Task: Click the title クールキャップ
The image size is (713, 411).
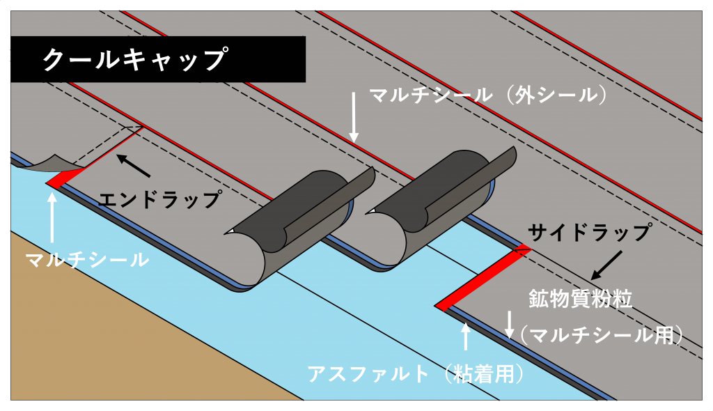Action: tap(134, 59)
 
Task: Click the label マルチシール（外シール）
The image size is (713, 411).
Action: tap(488, 95)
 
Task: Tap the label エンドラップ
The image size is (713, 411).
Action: tap(159, 200)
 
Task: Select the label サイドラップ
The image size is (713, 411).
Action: tap(590, 233)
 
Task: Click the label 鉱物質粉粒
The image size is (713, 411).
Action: tap(580, 299)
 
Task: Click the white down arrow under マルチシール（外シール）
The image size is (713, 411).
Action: tap(354, 118)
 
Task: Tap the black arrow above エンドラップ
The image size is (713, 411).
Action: tap(133, 166)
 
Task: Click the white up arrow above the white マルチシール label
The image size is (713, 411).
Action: tap(52, 217)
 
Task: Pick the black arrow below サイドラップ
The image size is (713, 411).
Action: tap(606, 265)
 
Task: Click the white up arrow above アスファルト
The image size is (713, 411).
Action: tap(465, 336)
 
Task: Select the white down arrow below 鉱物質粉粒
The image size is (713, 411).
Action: tap(510, 325)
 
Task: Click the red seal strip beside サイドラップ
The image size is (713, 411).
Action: tap(482, 278)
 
